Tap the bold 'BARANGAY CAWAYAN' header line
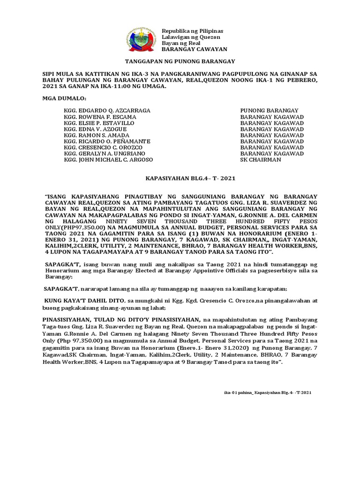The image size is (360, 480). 194,49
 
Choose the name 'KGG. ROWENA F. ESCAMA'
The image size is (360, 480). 100,117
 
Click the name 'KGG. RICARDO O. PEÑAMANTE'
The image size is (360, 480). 107,142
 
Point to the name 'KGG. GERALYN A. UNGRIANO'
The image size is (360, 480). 105,154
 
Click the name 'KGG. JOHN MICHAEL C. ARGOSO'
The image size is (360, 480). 108,160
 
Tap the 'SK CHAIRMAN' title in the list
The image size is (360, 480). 260,160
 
